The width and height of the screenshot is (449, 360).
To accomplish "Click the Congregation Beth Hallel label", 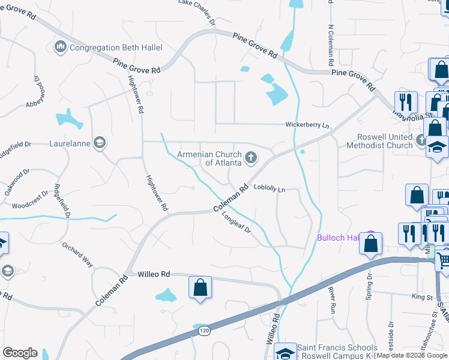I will tap(112, 47).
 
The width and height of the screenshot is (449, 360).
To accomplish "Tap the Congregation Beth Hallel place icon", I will tap(60, 47).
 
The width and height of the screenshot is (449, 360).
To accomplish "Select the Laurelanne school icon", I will tap(99, 143).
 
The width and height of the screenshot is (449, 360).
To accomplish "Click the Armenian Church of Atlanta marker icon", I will tap(251, 158).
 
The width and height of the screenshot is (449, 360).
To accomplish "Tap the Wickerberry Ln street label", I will tap(307, 125).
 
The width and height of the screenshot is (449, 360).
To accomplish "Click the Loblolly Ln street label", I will tap(268, 188).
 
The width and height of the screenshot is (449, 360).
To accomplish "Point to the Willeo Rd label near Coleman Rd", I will tap(154, 274).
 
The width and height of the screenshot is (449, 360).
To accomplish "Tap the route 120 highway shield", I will tap(205, 331).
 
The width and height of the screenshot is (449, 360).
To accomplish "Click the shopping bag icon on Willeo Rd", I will tap(200, 287).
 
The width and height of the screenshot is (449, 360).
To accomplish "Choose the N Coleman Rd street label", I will tap(330, 44).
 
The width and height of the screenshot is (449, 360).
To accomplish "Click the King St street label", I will tap(422, 296).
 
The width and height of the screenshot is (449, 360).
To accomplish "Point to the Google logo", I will tap(20, 353).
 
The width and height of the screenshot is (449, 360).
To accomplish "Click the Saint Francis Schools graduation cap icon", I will tap(285, 352).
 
